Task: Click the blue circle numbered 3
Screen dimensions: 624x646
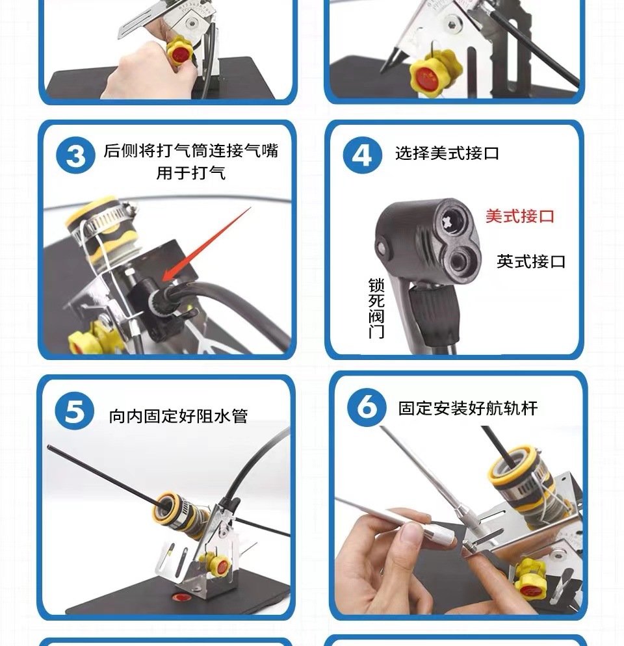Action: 76,155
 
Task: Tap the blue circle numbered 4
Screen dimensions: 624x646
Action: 362,155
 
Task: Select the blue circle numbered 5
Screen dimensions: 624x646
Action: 75,411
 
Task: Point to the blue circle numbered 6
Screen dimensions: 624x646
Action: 367,407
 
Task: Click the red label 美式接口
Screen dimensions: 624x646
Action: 519,216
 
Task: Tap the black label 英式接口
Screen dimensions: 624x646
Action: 531,261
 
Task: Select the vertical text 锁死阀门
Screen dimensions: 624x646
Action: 376,308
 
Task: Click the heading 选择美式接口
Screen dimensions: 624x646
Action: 447,153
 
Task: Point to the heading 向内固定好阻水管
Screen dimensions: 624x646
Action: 178,416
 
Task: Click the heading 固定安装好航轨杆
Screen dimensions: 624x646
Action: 468,408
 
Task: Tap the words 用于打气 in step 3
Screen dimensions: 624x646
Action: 190,173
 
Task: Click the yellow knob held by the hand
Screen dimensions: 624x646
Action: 179,51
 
